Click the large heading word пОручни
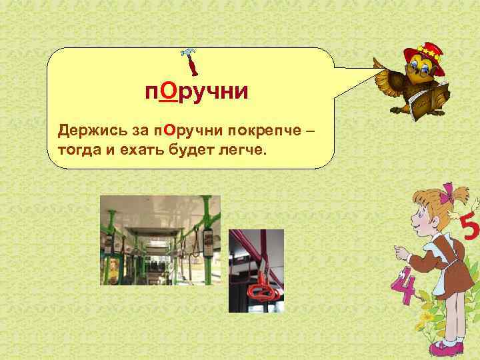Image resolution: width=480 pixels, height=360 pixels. (197, 91)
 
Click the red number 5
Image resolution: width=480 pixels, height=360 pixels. (469, 229)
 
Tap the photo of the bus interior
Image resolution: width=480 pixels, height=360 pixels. (160, 240)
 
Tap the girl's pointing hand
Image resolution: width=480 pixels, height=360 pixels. (399, 251)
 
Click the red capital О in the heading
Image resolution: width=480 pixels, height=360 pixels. (167, 91)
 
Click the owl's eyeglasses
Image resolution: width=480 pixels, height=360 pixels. (420, 67)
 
